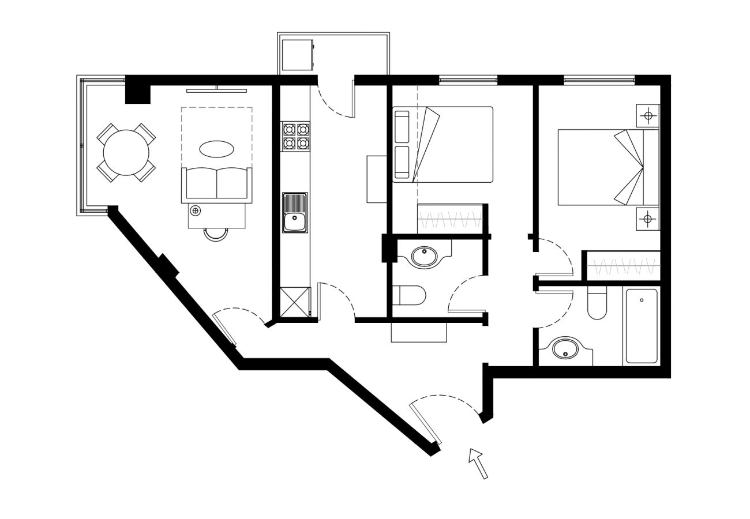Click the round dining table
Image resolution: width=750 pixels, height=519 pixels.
click(x=126, y=152)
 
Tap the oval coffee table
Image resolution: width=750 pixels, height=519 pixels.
click(x=216, y=149)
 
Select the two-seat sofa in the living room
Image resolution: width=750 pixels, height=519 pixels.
click(x=216, y=184)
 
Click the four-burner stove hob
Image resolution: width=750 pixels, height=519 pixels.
click(x=296, y=136)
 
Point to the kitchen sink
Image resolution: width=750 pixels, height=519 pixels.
click(x=295, y=213)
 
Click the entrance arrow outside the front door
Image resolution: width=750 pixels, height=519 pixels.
click(x=478, y=463)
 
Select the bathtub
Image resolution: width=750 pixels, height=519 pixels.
click(x=642, y=326)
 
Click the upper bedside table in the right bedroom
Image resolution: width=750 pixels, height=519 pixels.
click(x=648, y=116)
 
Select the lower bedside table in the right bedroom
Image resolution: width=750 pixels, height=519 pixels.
click(x=648, y=219)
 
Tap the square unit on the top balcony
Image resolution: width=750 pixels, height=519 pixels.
click(x=297, y=55)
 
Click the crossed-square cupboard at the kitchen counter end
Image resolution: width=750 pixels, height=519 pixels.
click(x=295, y=302)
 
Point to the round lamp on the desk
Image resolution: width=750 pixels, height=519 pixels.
click(x=196, y=211)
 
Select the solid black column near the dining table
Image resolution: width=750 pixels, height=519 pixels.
click(x=138, y=93)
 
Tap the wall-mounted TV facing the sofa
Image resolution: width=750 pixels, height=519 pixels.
click(x=216, y=91)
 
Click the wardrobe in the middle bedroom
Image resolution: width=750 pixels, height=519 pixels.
click(x=450, y=219)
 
